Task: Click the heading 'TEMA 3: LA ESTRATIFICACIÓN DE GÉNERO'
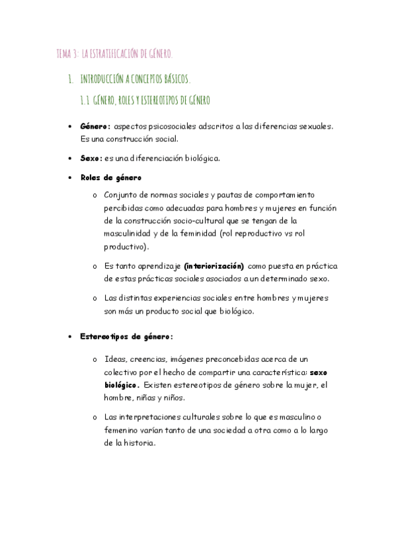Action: [114, 53]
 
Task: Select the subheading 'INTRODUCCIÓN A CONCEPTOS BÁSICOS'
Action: [135, 80]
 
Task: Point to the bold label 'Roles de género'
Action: [110, 178]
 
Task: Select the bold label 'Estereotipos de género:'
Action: [126, 336]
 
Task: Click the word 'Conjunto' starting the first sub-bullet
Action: [120, 195]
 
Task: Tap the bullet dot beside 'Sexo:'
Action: [71, 159]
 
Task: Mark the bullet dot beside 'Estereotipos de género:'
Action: [71, 337]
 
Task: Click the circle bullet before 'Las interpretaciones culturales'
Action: [95, 418]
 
